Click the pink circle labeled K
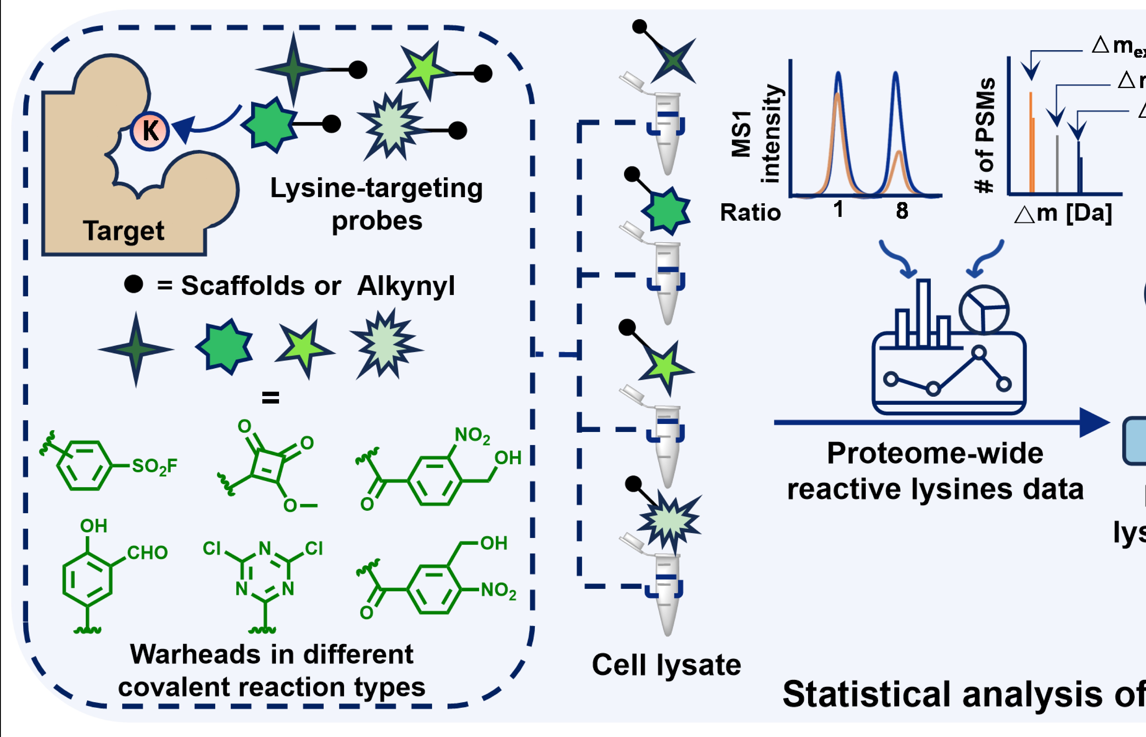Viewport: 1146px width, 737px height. tap(150, 131)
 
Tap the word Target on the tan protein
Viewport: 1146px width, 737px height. tap(123, 231)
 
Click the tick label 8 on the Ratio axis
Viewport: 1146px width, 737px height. tap(902, 211)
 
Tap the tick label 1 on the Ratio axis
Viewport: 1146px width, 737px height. tap(838, 210)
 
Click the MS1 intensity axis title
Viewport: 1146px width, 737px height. tap(756, 134)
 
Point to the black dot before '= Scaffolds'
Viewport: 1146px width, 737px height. tap(133, 284)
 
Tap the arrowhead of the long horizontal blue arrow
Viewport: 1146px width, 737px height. tap(1095, 423)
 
